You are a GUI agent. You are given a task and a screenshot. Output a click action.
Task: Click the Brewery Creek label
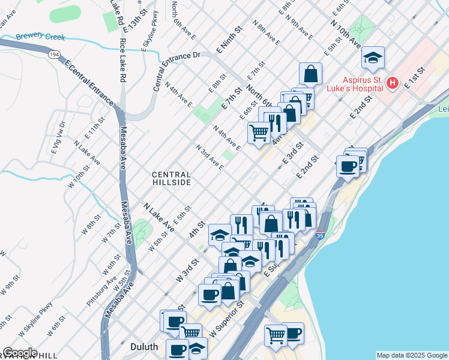tap(40, 37)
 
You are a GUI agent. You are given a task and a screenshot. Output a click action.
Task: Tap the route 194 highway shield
tap(54, 54)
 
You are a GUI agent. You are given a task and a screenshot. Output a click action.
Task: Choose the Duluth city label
tap(144, 347)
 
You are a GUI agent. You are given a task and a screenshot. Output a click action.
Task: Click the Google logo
tap(20, 353)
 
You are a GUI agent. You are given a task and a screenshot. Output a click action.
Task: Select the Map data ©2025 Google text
tap(412, 355)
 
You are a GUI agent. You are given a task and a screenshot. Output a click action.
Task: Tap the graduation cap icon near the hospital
tap(373, 58)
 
